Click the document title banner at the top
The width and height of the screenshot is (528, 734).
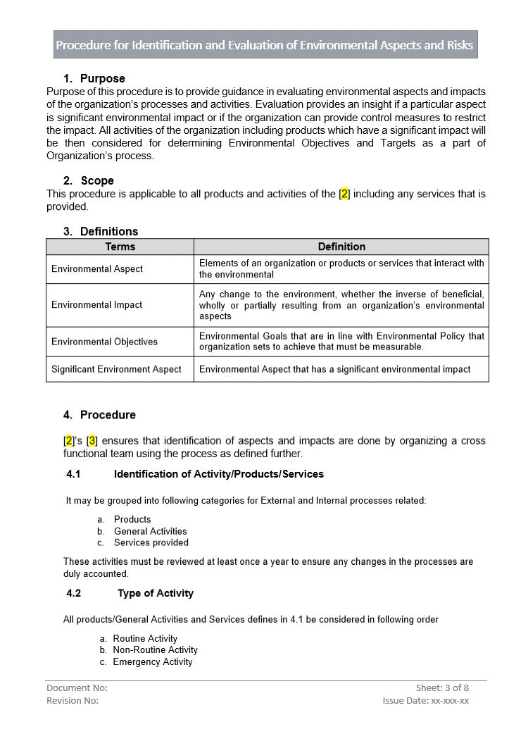265,45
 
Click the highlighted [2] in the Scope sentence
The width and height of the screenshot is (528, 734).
344,194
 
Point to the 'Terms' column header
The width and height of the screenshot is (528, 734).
120,247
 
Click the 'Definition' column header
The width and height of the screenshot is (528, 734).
341,247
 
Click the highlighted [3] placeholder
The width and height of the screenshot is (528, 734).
92,441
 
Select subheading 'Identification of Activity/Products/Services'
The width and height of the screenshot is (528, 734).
218,474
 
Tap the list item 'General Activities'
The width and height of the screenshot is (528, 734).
150,531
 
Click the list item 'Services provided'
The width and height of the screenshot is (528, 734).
151,542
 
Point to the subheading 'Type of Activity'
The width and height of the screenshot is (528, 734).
155,593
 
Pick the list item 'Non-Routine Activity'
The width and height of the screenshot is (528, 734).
155,649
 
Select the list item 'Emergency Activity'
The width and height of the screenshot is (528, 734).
152,661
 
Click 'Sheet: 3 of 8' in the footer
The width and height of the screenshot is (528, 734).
441,688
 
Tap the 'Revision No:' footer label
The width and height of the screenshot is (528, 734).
73,700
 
